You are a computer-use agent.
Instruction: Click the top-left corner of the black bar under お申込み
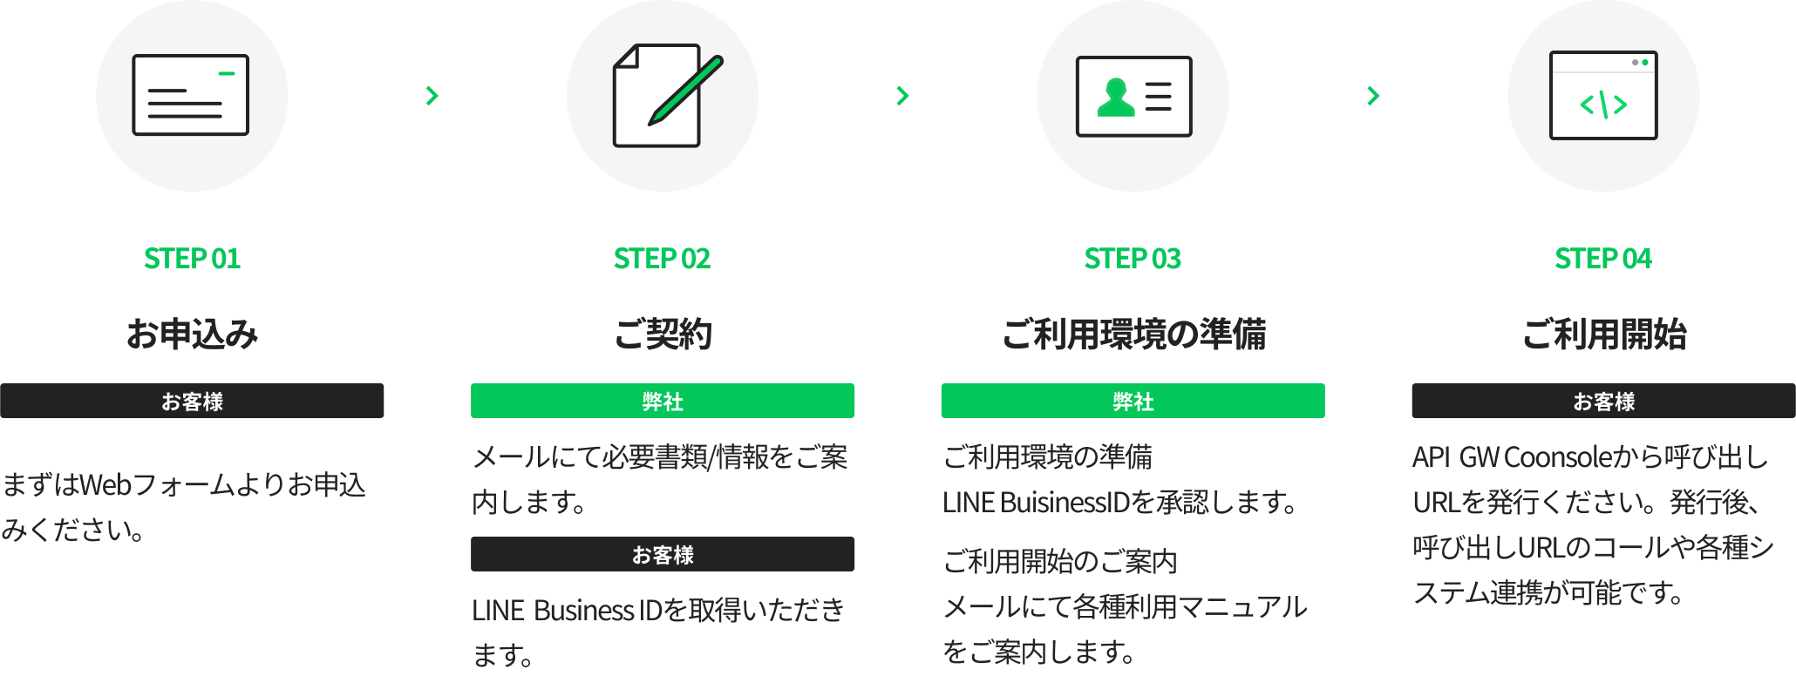tap(1, 384)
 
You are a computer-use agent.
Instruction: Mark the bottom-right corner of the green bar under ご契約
tap(854, 417)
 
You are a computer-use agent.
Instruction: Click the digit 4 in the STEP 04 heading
tap(1643, 259)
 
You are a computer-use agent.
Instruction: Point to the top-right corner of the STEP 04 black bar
tap(1795, 384)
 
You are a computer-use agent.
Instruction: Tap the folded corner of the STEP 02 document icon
tap(626, 56)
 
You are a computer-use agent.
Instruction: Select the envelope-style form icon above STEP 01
tap(191, 95)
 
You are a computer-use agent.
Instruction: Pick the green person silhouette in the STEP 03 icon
tap(1116, 97)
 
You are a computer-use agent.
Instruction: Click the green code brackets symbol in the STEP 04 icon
tap(1603, 105)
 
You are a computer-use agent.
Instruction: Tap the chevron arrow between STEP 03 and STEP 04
tap(1373, 95)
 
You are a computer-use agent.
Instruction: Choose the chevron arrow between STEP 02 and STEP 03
tap(902, 95)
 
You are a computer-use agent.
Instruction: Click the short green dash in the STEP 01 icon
tap(227, 73)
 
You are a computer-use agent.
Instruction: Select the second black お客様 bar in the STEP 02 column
tap(663, 554)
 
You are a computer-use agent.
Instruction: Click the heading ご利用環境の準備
tap(1133, 334)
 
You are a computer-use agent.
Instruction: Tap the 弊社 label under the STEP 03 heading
tap(1133, 402)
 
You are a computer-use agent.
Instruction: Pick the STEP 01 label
tap(192, 259)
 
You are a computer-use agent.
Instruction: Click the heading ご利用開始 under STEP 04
tap(1604, 334)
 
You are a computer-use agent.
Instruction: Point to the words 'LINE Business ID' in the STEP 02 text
tap(568, 610)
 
